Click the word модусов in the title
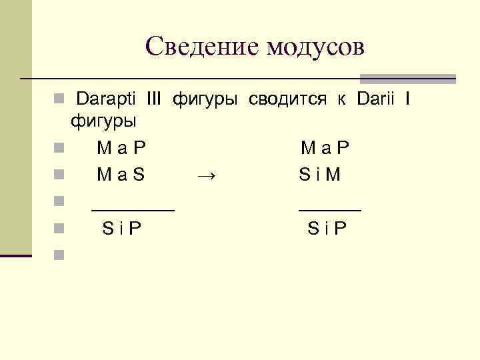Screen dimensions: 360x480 point(315,47)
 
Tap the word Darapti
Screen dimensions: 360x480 point(106,100)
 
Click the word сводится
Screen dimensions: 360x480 point(287,100)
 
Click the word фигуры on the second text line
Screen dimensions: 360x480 point(103,122)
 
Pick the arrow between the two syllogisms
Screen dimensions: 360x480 point(207,175)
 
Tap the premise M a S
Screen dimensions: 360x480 point(121,175)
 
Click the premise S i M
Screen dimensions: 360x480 point(320,175)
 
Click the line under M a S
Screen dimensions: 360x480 point(133,209)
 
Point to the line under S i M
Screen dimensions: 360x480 point(329,209)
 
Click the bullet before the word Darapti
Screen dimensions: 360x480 point(59,100)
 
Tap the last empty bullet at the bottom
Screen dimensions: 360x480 point(59,254)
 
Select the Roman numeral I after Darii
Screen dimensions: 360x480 point(408,100)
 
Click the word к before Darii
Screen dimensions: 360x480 point(341,100)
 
